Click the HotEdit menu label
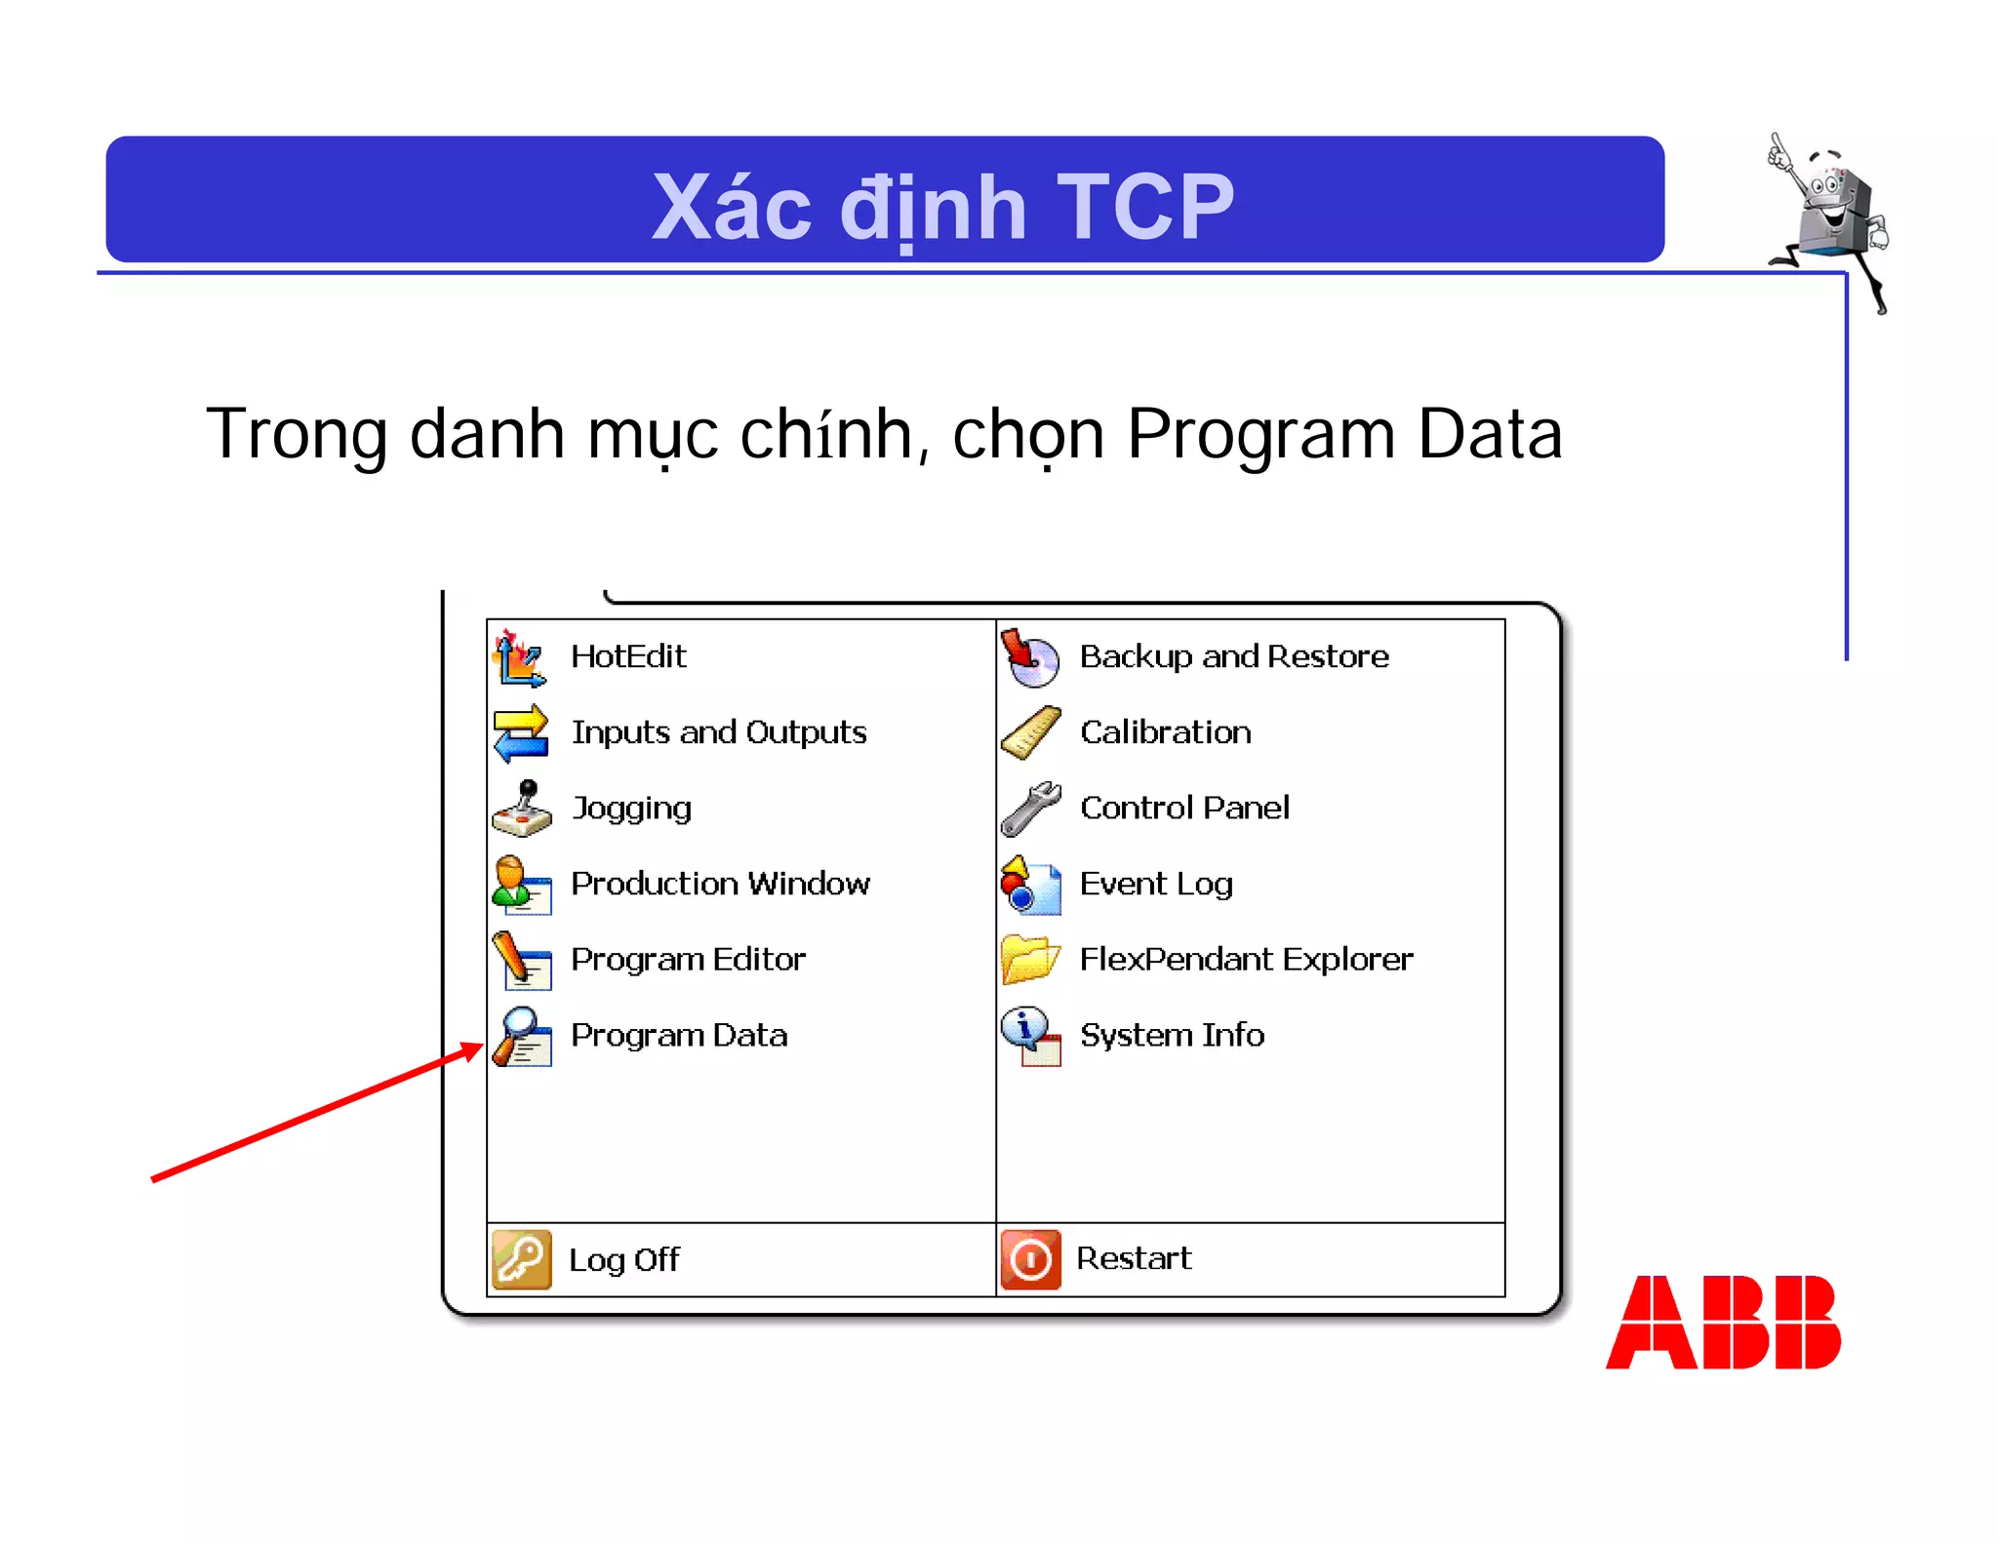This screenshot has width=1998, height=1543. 628,656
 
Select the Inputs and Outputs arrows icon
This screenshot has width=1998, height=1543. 521,732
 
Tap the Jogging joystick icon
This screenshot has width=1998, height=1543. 522,809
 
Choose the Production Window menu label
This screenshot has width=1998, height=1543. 720,884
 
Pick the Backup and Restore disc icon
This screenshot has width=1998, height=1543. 1030,657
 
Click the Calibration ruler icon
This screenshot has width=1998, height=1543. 1030,732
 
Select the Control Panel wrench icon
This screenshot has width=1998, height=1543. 1030,809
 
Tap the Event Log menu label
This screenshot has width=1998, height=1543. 1156,884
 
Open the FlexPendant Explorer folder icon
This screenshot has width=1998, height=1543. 1030,960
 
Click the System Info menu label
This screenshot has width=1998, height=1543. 1172,1035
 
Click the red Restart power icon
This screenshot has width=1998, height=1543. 1030,1259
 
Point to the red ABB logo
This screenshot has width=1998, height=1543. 1723,1323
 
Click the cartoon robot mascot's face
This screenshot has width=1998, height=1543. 1828,195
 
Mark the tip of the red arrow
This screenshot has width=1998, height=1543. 482,1046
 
